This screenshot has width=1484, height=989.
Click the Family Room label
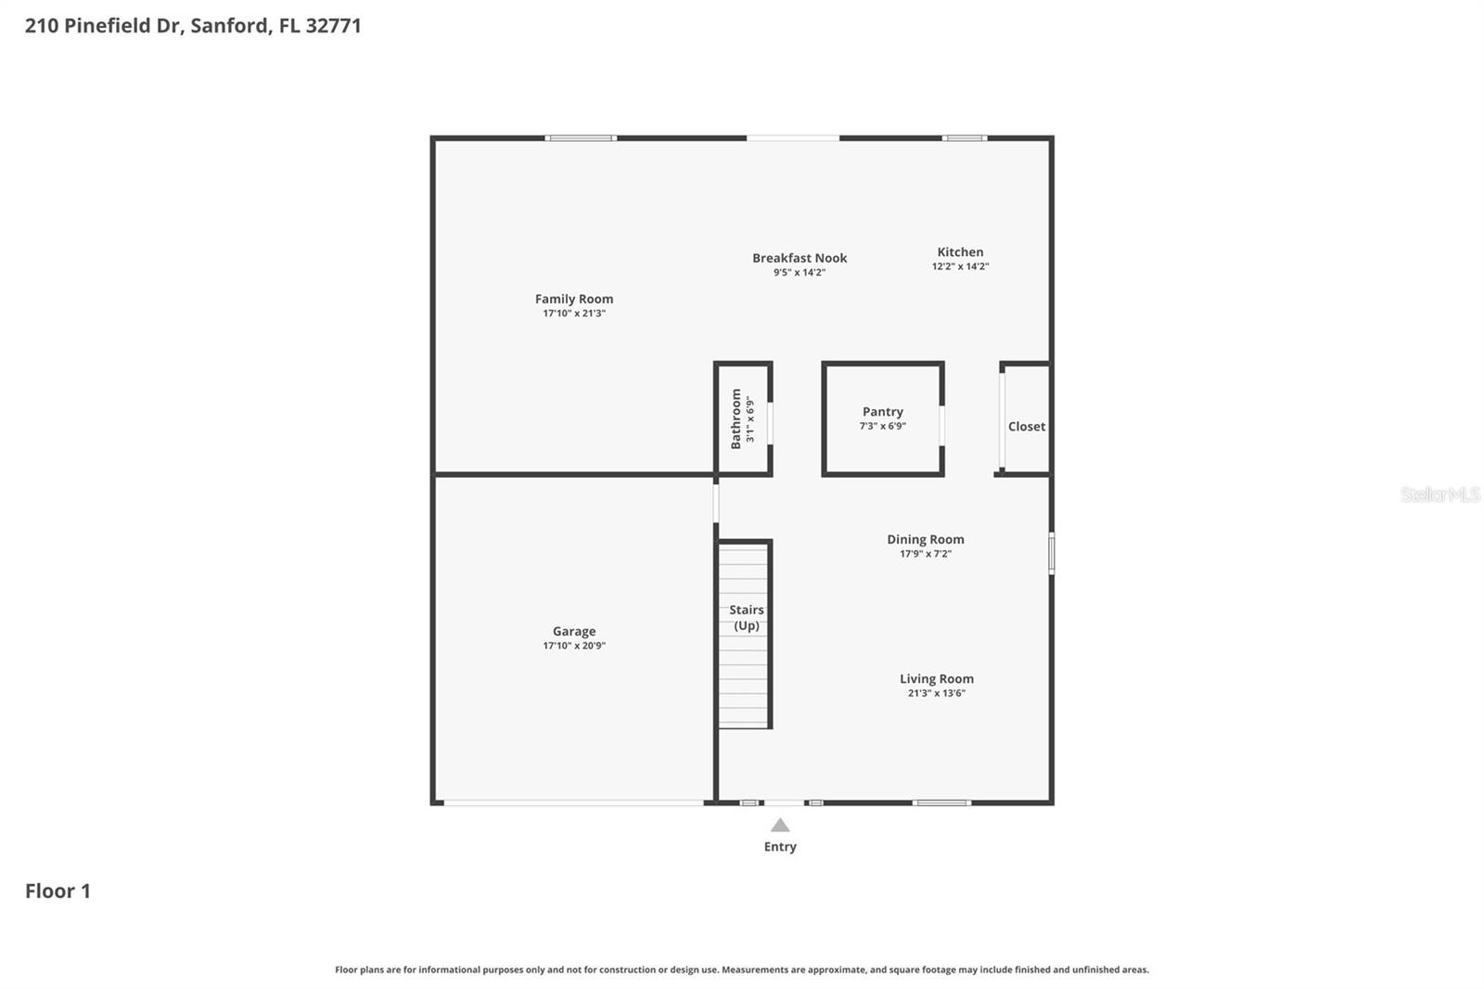point(573,299)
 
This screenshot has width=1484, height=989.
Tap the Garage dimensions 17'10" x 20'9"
point(573,646)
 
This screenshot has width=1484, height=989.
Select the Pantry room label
point(882,412)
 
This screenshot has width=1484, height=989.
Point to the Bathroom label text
point(736,418)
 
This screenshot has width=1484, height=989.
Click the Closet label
point(1026,427)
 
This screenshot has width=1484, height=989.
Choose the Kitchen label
point(960,252)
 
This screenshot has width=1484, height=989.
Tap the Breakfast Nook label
point(799,258)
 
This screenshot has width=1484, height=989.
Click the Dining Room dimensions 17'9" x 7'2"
point(925,554)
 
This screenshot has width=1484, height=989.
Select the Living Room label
point(936,679)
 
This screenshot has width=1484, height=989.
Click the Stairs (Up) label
point(746,617)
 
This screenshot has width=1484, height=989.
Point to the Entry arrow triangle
point(780,826)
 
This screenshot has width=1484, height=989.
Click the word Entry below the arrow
point(780,846)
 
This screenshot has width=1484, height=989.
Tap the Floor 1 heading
point(58,891)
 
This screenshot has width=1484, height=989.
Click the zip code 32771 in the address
point(333,26)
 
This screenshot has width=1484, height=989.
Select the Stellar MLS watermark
point(1439,494)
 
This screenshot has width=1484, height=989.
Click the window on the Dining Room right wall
point(1051,553)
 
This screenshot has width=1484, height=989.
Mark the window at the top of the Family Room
point(581,138)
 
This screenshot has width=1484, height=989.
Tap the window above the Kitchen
point(965,138)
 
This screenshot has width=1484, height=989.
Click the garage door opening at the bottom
point(573,803)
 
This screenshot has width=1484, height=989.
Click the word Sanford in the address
point(229,26)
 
